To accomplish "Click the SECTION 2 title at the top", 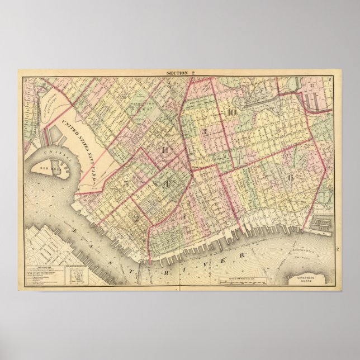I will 179,73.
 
